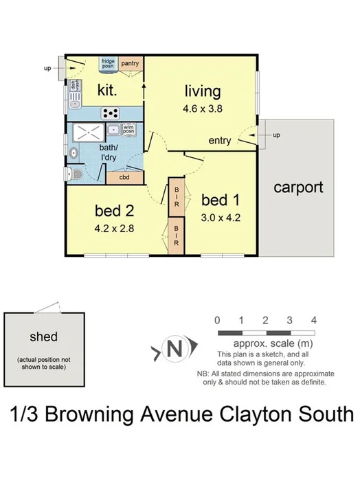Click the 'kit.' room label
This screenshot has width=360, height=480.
[108, 90]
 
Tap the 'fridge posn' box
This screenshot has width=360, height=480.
[108, 63]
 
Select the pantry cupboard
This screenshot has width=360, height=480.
[131, 64]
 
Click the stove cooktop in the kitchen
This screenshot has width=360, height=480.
[110, 113]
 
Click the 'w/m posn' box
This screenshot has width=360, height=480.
[129, 128]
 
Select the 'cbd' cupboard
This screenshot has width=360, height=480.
[124, 178]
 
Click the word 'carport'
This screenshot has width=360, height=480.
[298, 187]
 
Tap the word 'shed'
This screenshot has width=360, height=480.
[43, 337]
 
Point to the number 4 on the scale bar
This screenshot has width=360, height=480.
[313, 320]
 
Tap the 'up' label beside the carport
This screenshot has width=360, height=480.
[277, 135]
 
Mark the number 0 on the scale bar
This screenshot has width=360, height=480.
[216, 320]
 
